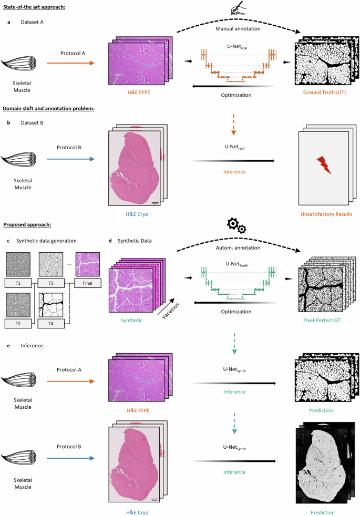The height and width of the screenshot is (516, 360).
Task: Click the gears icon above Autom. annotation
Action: (235, 225)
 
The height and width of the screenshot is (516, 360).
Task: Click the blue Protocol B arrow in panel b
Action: (69, 156)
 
